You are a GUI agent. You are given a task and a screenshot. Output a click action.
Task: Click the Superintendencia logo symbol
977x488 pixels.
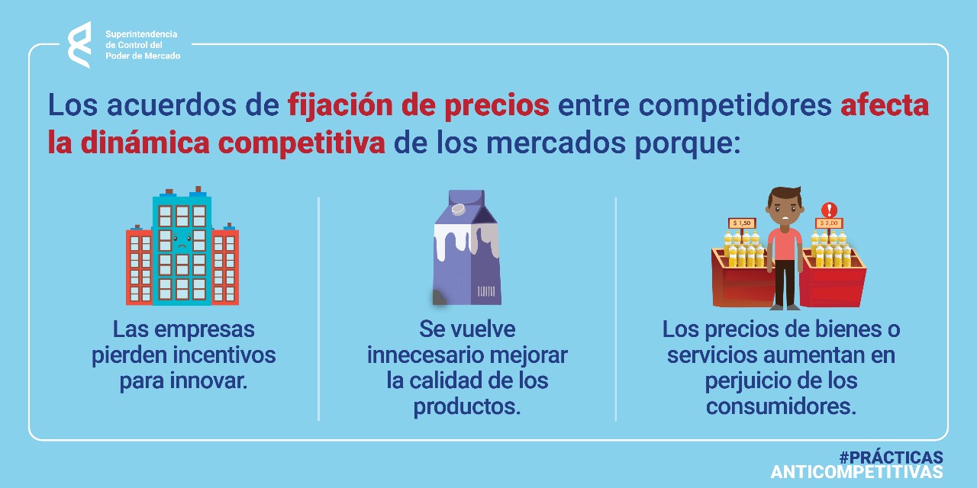point(79,45)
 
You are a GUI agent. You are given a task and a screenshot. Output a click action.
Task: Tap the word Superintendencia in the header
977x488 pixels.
point(141,34)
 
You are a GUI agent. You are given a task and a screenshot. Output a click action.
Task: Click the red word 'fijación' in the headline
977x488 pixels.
point(340,106)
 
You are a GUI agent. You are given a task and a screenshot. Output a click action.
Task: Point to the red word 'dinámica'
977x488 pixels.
point(145,143)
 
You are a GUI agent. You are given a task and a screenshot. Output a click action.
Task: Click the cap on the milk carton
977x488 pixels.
point(458,210)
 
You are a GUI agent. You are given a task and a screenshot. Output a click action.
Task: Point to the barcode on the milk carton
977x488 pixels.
point(486,291)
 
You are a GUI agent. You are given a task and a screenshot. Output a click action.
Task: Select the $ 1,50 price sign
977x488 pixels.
point(741,223)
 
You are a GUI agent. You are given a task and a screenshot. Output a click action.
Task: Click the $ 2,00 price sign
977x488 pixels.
point(829,223)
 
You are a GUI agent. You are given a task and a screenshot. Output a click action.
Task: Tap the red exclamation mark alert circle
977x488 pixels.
point(829,210)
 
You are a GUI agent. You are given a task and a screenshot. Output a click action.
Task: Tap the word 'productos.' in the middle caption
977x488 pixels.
point(467,407)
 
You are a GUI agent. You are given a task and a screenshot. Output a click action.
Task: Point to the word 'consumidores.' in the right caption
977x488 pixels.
point(781,406)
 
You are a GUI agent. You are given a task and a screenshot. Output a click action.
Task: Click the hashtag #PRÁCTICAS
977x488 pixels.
point(891,457)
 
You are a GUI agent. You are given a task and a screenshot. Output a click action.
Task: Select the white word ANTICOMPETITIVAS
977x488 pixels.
point(857,472)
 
